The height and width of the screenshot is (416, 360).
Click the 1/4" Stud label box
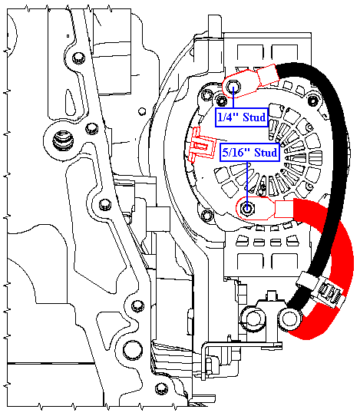(242, 117)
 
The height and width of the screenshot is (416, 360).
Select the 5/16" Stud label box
(249, 153)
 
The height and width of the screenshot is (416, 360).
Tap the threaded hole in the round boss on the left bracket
(63, 140)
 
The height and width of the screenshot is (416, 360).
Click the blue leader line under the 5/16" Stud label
(247, 184)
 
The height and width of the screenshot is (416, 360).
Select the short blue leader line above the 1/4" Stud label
(233, 97)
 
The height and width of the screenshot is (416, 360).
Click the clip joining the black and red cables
(322, 291)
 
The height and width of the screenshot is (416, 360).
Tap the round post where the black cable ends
(289, 319)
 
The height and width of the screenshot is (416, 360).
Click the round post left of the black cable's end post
(253, 319)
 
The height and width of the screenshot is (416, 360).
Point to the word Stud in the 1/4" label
(254, 117)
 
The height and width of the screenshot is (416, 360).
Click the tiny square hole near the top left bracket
(68, 36)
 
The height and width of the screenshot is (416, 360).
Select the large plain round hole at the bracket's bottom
(132, 350)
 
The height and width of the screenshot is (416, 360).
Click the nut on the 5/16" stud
(247, 209)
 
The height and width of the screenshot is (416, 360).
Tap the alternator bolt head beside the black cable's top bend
(313, 101)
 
